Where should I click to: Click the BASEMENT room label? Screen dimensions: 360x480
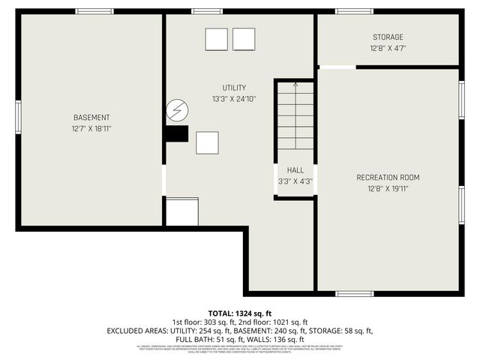coord(91,118)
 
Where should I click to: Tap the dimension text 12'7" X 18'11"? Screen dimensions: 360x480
coord(91,128)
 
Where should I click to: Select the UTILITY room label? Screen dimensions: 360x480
coord(233,88)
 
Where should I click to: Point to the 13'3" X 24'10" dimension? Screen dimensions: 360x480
coord(233,99)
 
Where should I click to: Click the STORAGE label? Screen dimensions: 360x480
coord(388,37)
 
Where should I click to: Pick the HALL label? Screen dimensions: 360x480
coord(295,170)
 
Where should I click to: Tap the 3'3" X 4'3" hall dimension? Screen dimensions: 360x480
coord(295,181)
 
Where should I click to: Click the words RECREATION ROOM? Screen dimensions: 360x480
coord(388,178)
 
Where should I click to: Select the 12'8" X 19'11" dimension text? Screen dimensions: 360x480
coord(388,188)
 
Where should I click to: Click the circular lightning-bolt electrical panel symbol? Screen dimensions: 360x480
coord(177,110)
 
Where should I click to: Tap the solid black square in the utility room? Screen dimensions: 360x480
coord(177,133)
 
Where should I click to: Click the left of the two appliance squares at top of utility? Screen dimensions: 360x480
coord(216,39)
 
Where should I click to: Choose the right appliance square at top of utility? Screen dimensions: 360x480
coord(244,39)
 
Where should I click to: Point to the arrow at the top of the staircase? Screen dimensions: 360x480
coord(295,84)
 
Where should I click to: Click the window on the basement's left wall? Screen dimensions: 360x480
coord(18,118)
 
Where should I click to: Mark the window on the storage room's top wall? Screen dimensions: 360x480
coord(354,11)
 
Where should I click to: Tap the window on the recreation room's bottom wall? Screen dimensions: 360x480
coord(354,293)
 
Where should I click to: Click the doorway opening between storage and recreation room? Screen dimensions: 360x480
coord(337,67)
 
